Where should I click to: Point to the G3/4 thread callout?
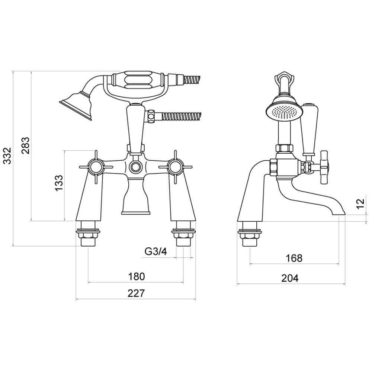point(155,252)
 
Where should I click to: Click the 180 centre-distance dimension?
point(136,276)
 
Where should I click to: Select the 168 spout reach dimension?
point(295,258)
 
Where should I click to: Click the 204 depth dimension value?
point(291,278)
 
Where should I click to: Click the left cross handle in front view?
point(96,166)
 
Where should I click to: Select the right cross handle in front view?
point(174,166)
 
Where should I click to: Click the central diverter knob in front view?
point(135,167)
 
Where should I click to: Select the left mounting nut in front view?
point(89,235)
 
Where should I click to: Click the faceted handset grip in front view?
point(137,81)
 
